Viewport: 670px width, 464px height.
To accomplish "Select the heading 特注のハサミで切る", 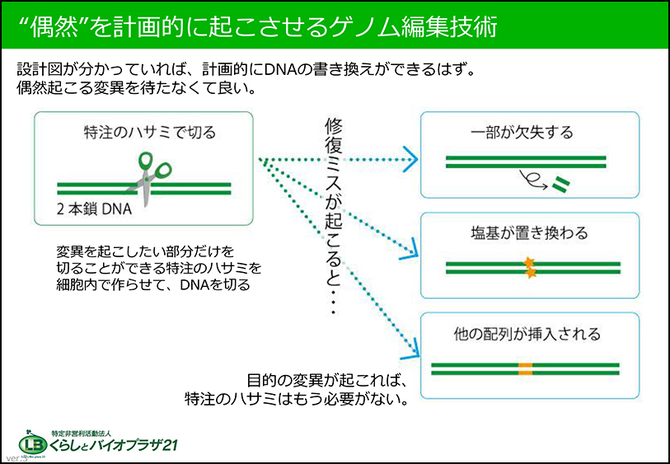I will click(144, 131).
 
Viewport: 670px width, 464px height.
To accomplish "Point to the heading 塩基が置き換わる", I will click(530, 233).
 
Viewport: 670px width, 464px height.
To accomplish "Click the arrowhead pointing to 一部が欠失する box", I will click(410, 159).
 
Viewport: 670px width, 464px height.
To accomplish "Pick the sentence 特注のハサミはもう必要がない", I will click(296, 401).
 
